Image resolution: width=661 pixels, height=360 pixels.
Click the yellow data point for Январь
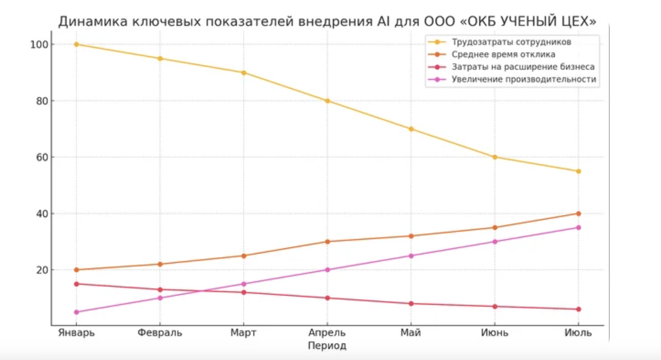77,44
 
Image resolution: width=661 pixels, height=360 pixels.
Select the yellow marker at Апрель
328,101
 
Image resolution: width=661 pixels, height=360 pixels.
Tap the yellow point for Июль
579,171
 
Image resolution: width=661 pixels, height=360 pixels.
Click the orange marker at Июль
579,214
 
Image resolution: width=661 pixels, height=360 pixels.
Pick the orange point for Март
244,256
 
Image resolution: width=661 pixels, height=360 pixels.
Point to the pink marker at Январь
77,312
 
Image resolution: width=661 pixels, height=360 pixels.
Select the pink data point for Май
411,256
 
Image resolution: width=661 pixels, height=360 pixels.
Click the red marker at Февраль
160,290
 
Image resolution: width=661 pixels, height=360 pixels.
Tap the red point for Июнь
495,307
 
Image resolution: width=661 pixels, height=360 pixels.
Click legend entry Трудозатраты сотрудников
511,42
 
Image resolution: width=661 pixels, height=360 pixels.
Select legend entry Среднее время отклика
503,54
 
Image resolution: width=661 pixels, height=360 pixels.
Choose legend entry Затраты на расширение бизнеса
523,67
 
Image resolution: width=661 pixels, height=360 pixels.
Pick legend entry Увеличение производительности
523,79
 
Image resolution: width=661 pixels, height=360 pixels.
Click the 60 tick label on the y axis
42,157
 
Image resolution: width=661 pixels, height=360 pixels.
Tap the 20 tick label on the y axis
42,270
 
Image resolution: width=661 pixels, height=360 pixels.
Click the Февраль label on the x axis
160,333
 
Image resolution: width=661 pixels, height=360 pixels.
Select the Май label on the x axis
411,333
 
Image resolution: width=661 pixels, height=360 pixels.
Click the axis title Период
327,346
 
